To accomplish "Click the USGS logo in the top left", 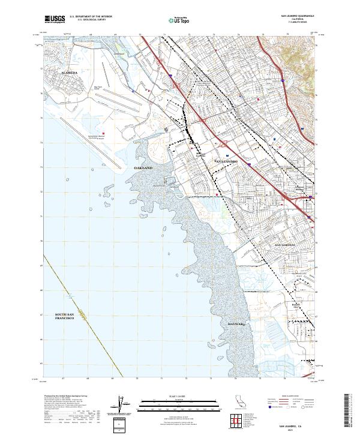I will [x=55, y=19].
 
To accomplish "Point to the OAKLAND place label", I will [x=143, y=168].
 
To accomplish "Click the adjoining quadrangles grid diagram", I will [x=237, y=421].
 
